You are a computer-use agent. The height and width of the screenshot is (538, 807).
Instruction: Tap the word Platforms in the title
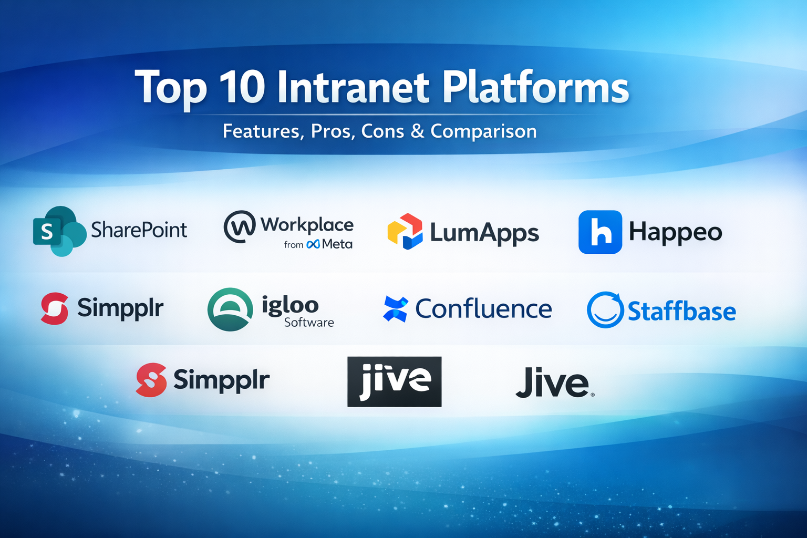pos(536,87)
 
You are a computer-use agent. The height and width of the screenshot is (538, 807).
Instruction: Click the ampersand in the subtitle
pos(417,131)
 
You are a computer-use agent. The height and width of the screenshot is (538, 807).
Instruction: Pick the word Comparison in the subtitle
pos(483,132)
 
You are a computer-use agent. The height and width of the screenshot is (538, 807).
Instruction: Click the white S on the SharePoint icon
pos(47,232)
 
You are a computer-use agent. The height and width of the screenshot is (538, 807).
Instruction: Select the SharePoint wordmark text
pos(139,230)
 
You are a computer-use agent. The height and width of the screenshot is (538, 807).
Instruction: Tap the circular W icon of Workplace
pos(240,226)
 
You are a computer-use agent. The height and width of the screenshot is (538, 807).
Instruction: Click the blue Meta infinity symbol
pos(313,244)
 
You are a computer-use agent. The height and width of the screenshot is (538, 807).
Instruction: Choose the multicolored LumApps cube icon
pos(405,231)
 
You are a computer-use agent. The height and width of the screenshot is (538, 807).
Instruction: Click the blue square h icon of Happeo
pos(600,232)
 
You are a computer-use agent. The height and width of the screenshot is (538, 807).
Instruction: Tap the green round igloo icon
pos(230,309)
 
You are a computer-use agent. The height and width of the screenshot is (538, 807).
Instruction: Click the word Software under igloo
pos(309,322)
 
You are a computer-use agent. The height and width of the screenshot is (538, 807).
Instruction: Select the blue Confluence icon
pos(395,309)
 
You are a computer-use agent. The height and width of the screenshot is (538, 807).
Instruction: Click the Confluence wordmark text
pos(483,309)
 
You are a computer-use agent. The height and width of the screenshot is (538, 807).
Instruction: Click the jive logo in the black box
pos(394,381)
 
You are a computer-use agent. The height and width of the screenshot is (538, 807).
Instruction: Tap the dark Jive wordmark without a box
pos(555,382)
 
